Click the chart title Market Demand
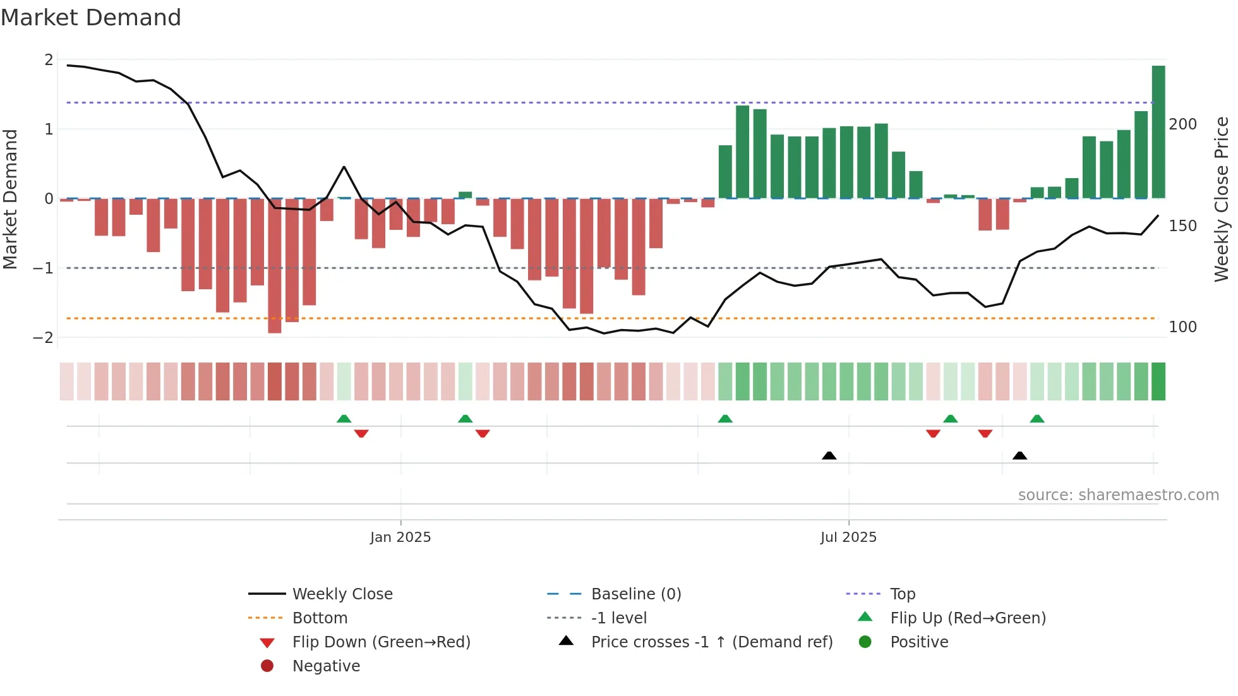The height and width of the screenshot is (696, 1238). tap(91, 18)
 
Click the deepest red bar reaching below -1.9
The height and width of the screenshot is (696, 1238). tap(274, 265)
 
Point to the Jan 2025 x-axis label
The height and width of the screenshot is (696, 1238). tap(400, 537)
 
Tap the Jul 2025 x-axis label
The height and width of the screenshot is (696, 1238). tap(848, 537)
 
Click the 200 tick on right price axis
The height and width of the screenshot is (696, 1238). tap(1182, 124)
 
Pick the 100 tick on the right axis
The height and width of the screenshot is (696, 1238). tap(1182, 327)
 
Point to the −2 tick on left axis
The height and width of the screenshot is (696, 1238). tap(44, 338)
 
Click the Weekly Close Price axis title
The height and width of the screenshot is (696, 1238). tap(1222, 199)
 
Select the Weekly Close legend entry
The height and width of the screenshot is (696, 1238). tap(342, 594)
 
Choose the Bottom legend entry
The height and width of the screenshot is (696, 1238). tap(320, 618)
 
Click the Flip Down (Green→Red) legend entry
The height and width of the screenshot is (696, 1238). tap(381, 642)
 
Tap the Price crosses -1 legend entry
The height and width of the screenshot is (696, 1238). tap(711, 642)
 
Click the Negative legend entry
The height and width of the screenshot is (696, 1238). tap(326, 666)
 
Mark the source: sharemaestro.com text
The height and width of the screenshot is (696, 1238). tap(1118, 495)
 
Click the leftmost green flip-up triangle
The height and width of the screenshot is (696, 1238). tap(344, 419)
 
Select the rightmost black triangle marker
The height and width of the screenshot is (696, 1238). tap(1019, 456)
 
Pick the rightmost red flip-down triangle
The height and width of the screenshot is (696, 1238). tap(985, 433)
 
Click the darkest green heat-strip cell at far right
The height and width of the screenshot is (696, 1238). tap(1158, 381)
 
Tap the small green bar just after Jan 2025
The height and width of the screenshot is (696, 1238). tap(465, 195)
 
